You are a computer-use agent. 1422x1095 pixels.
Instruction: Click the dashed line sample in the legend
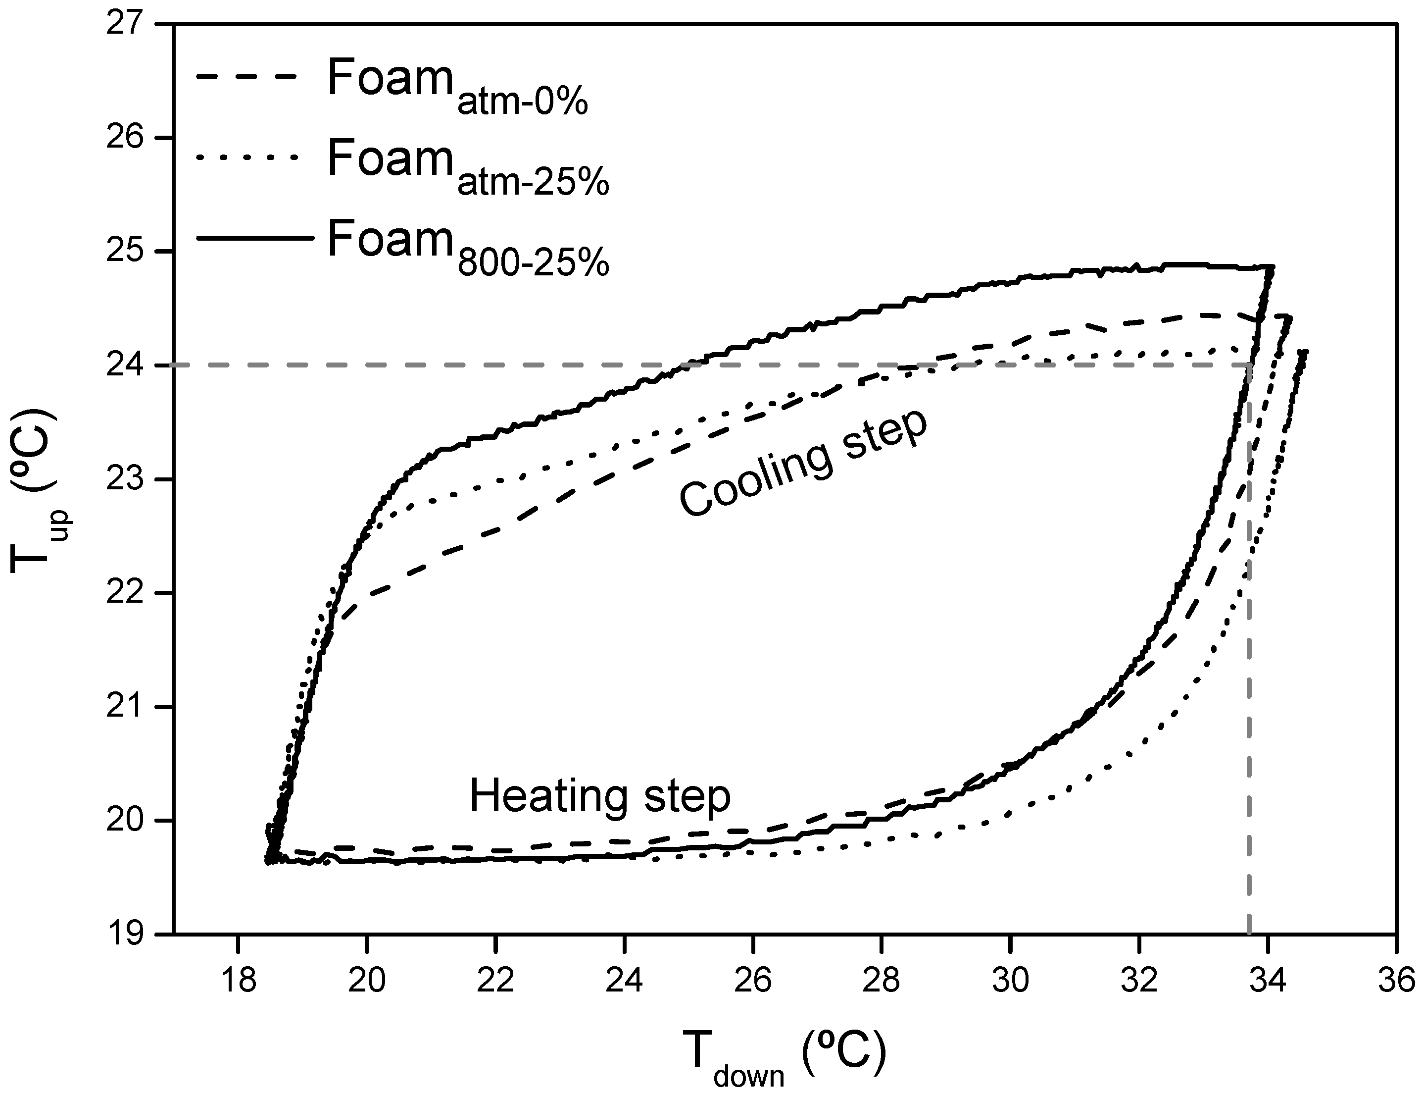[x=254, y=77]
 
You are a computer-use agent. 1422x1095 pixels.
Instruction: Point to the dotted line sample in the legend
[x=254, y=157]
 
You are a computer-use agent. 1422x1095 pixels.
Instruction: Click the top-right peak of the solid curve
[x=1272, y=267]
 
